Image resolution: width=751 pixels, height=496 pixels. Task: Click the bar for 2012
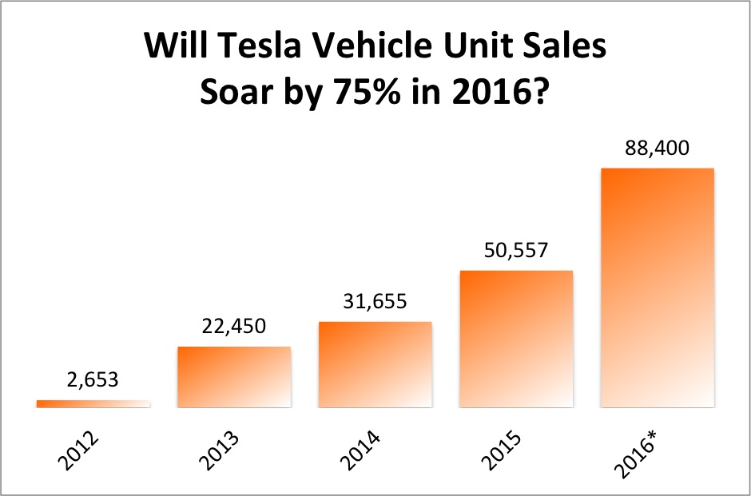click(93, 403)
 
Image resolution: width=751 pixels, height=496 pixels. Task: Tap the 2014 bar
click(375, 364)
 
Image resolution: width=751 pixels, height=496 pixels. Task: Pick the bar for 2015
click(516, 339)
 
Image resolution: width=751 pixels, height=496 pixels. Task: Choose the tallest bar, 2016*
click(657, 288)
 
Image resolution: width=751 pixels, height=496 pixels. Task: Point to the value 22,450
click(233, 326)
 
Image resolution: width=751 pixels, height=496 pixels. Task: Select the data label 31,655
click(375, 301)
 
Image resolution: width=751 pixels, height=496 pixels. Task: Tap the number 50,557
click(516, 250)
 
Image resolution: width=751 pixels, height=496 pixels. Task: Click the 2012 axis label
click(77, 451)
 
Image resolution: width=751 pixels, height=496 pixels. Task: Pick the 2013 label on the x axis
click(219, 451)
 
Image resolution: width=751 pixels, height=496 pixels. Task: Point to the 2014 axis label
click(360, 451)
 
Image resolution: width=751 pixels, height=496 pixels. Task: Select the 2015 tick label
click(501, 451)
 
